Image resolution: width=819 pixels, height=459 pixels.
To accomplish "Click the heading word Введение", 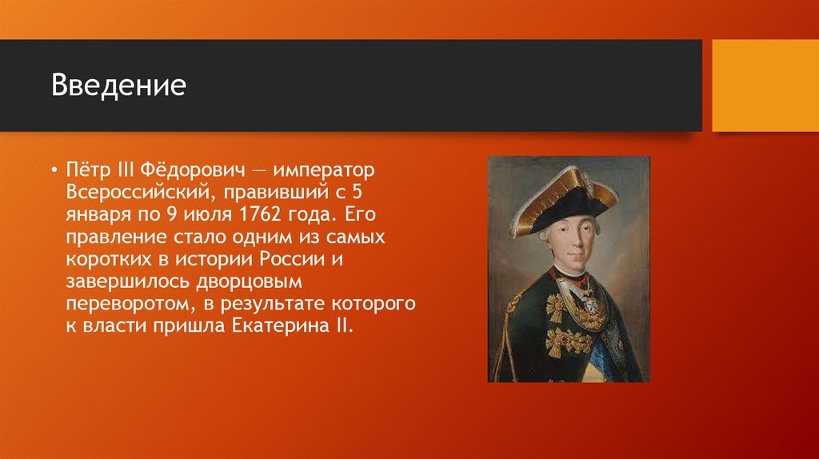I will [118, 85].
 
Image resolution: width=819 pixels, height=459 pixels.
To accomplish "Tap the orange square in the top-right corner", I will [765, 86].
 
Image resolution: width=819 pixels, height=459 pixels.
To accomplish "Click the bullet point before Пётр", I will [54, 171].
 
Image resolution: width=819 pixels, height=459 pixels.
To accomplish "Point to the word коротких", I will [102, 260].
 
